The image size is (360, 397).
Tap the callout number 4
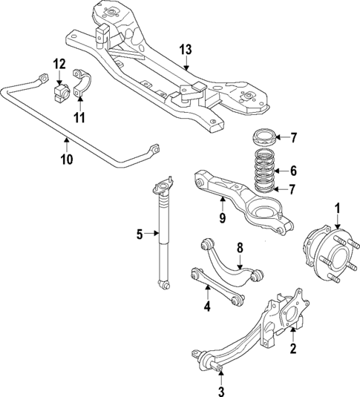[x=208, y=306]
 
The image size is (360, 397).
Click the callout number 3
[x=220, y=391]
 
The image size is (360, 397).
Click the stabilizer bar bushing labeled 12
[x=59, y=91]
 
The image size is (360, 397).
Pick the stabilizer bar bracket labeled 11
[x=81, y=86]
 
